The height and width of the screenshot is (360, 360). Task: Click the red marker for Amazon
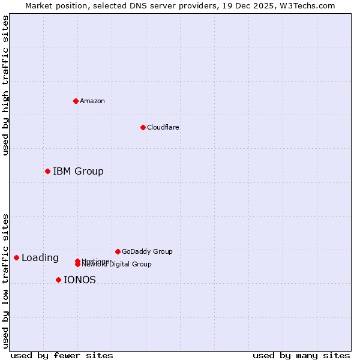76,101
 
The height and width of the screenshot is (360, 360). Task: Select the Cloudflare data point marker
143,127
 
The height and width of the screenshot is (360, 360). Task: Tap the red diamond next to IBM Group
47,171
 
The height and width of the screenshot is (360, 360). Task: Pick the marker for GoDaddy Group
118,251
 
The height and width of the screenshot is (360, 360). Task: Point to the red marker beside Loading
16,257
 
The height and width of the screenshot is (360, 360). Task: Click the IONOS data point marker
58,280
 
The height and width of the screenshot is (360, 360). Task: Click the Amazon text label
92,101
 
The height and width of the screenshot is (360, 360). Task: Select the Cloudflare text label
163,127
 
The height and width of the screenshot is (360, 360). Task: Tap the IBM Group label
78,171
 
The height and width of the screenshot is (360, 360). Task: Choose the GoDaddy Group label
147,251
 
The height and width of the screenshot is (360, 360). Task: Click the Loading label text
40,258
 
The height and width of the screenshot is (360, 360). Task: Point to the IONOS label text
80,280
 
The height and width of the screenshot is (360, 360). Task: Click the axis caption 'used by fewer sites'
62,355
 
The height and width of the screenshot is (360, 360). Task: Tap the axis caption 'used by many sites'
301,355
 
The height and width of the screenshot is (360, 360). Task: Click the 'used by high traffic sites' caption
5,85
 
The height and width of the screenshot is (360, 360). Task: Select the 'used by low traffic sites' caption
5,281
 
